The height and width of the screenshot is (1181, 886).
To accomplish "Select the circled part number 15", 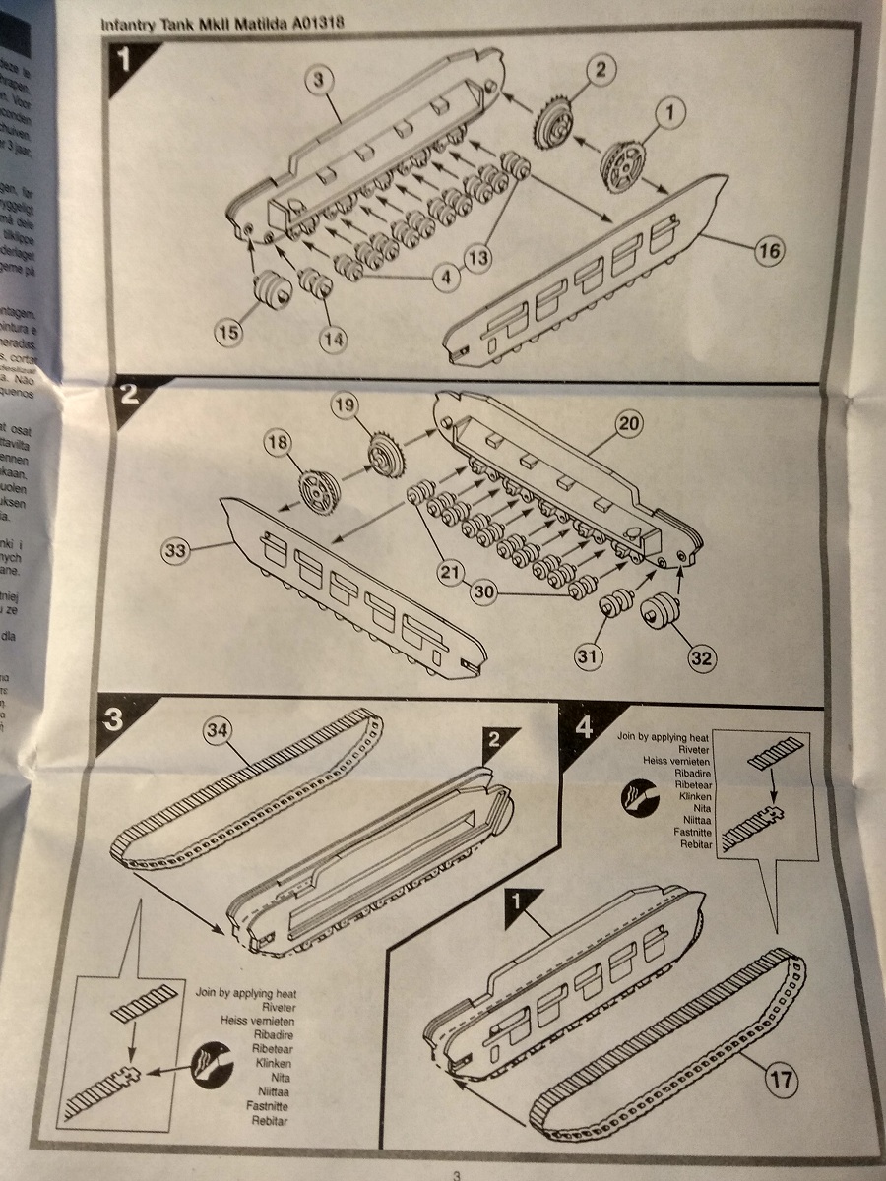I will click(227, 333).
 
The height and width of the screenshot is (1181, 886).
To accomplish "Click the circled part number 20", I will click(627, 425).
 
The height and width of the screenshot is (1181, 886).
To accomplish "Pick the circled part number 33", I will click(176, 552).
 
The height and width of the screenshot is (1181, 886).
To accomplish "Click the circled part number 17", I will click(781, 1080).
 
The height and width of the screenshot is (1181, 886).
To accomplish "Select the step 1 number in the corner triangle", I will click(121, 60).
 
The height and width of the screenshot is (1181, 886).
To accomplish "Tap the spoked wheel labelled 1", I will click(623, 163).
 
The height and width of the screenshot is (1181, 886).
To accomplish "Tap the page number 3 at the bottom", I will click(456, 1173).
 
